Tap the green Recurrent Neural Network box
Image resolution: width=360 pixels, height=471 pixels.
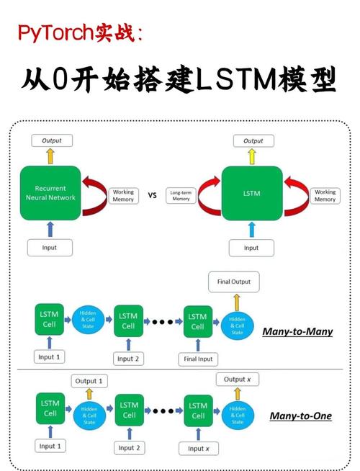coord(51,193)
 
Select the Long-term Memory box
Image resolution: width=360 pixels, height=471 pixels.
coord(180,195)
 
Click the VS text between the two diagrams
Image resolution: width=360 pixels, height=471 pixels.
coord(153,194)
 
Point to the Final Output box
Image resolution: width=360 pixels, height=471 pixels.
coord(234,282)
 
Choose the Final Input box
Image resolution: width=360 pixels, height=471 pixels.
coord(199,359)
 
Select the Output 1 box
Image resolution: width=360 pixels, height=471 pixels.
coord(90,381)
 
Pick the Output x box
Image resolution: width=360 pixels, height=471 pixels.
coord(238,380)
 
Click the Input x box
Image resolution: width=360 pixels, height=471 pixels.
coord(197,448)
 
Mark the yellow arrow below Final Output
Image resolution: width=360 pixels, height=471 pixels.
coord(235,301)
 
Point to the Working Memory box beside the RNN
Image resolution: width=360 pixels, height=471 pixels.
coord(123,196)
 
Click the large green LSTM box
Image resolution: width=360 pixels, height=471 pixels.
coord(251,193)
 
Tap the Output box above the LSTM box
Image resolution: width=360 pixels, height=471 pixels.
coord(253,140)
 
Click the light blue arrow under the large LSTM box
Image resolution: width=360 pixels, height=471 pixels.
coord(251,230)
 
